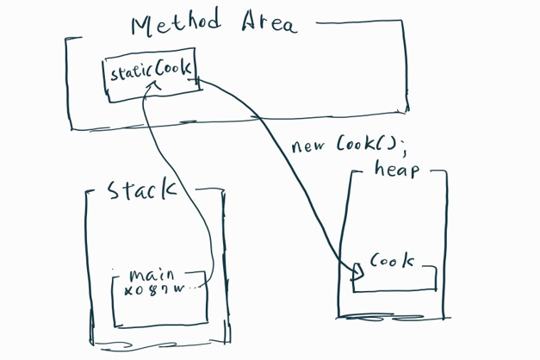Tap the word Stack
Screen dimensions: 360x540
click(x=140, y=190)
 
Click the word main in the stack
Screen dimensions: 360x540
click(x=151, y=276)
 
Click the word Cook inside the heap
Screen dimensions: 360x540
click(x=391, y=261)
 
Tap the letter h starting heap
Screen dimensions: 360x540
click(x=379, y=168)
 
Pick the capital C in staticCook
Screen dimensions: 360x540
click(x=160, y=71)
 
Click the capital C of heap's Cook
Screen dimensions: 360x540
click(x=376, y=261)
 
